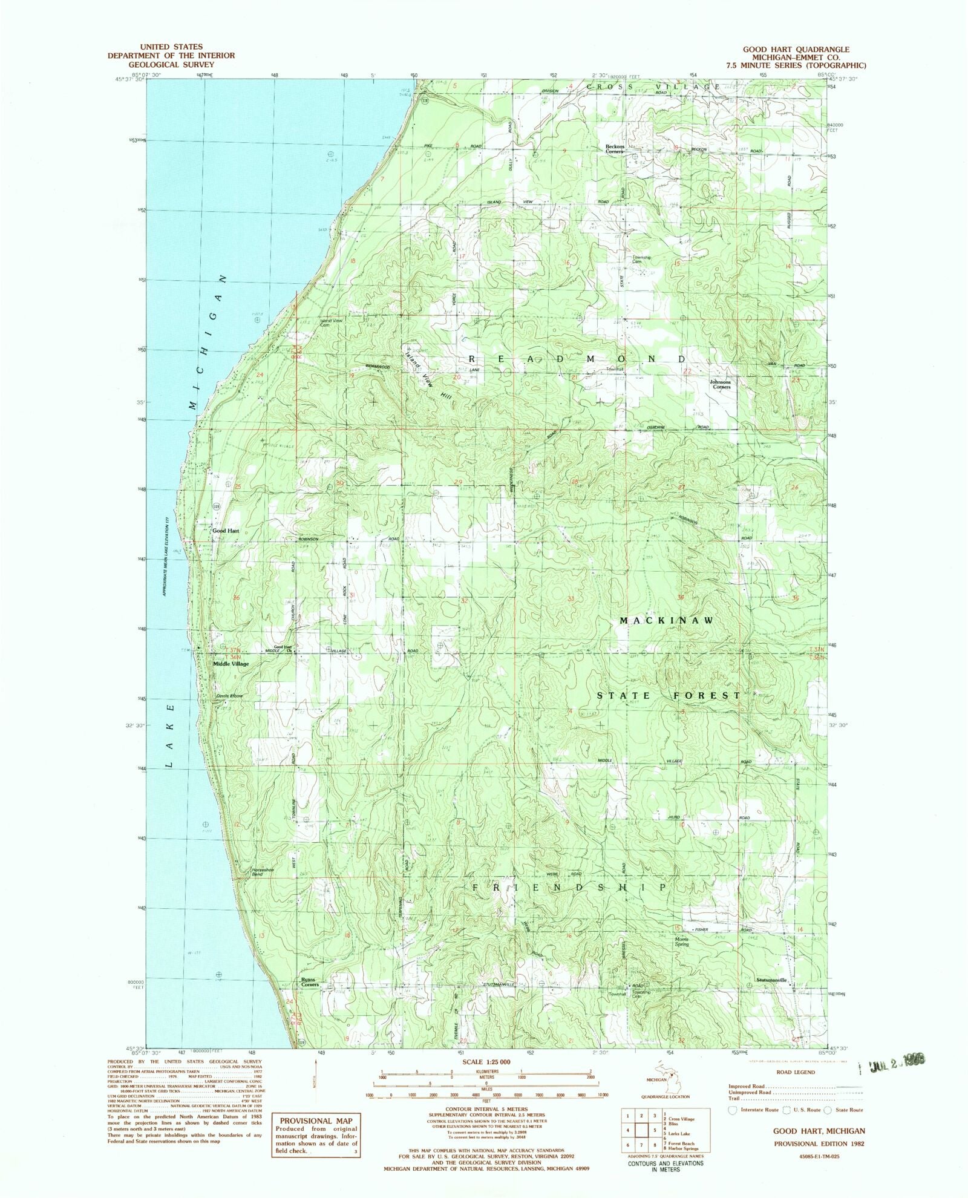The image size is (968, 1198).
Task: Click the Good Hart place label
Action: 226,531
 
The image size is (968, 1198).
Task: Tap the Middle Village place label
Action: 231,664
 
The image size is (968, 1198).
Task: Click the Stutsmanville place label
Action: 771,980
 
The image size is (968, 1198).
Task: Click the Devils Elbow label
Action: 230,696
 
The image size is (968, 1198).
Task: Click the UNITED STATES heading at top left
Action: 171,47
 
